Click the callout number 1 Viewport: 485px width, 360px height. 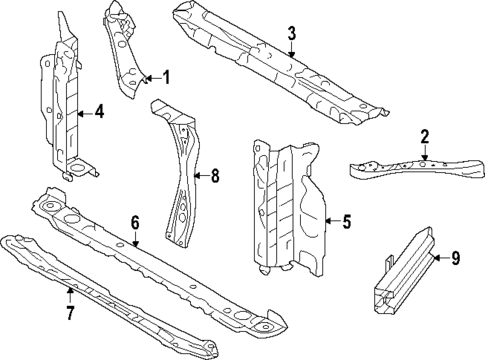(x=166, y=77)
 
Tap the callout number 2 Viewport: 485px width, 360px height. (x=424, y=136)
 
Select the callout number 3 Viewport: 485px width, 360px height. (x=291, y=33)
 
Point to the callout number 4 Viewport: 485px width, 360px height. (x=98, y=112)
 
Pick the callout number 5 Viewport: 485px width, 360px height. (x=346, y=223)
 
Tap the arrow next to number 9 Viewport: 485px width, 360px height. (x=440, y=258)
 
